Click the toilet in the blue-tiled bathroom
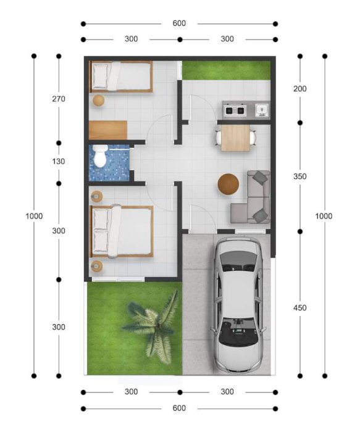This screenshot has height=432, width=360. point(99,156)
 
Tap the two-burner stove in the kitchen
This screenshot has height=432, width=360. point(235,110)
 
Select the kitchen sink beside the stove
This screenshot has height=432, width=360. point(262,110)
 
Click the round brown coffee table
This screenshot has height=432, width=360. point(228,185)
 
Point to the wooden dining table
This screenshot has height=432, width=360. point(235,138)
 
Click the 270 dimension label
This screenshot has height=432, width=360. point(59,99)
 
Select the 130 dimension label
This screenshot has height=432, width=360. point(59,162)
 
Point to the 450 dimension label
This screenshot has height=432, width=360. point(300,308)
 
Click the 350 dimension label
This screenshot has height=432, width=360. point(300,177)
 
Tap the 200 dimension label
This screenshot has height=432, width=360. point(300,89)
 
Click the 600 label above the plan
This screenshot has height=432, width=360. point(179,23)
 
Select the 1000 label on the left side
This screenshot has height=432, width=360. point(34,216)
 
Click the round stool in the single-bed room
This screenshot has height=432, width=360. point(98,101)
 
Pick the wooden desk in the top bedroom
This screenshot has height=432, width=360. point(108,130)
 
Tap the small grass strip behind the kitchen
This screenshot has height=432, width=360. point(226,70)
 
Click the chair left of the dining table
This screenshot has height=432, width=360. point(218,138)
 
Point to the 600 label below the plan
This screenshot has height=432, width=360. point(179,409)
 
